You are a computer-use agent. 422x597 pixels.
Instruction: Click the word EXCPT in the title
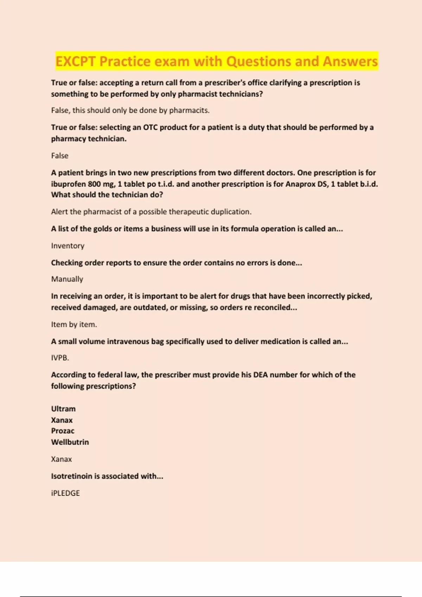(75, 61)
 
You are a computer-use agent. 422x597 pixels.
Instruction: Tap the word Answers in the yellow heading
(350, 61)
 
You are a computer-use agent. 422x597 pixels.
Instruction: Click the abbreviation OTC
(150, 127)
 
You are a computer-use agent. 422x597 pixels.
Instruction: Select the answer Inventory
(68, 246)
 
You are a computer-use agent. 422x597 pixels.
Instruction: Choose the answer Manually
(67, 279)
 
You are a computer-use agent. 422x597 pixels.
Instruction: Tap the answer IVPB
(60, 358)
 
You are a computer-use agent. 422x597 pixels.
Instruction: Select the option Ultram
(63, 409)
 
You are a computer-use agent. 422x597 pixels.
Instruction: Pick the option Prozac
(63, 431)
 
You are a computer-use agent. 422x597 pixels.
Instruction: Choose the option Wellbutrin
(70, 442)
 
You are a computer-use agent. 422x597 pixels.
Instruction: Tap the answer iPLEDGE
(65, 493)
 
